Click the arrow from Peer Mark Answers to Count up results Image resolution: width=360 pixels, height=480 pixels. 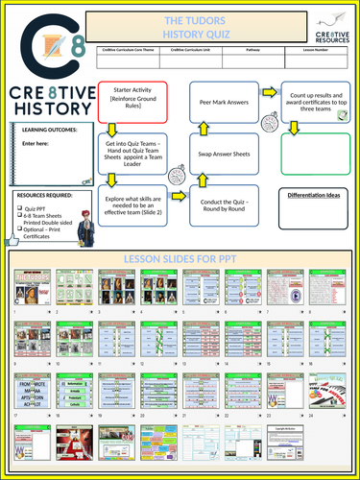tap(270, 93)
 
